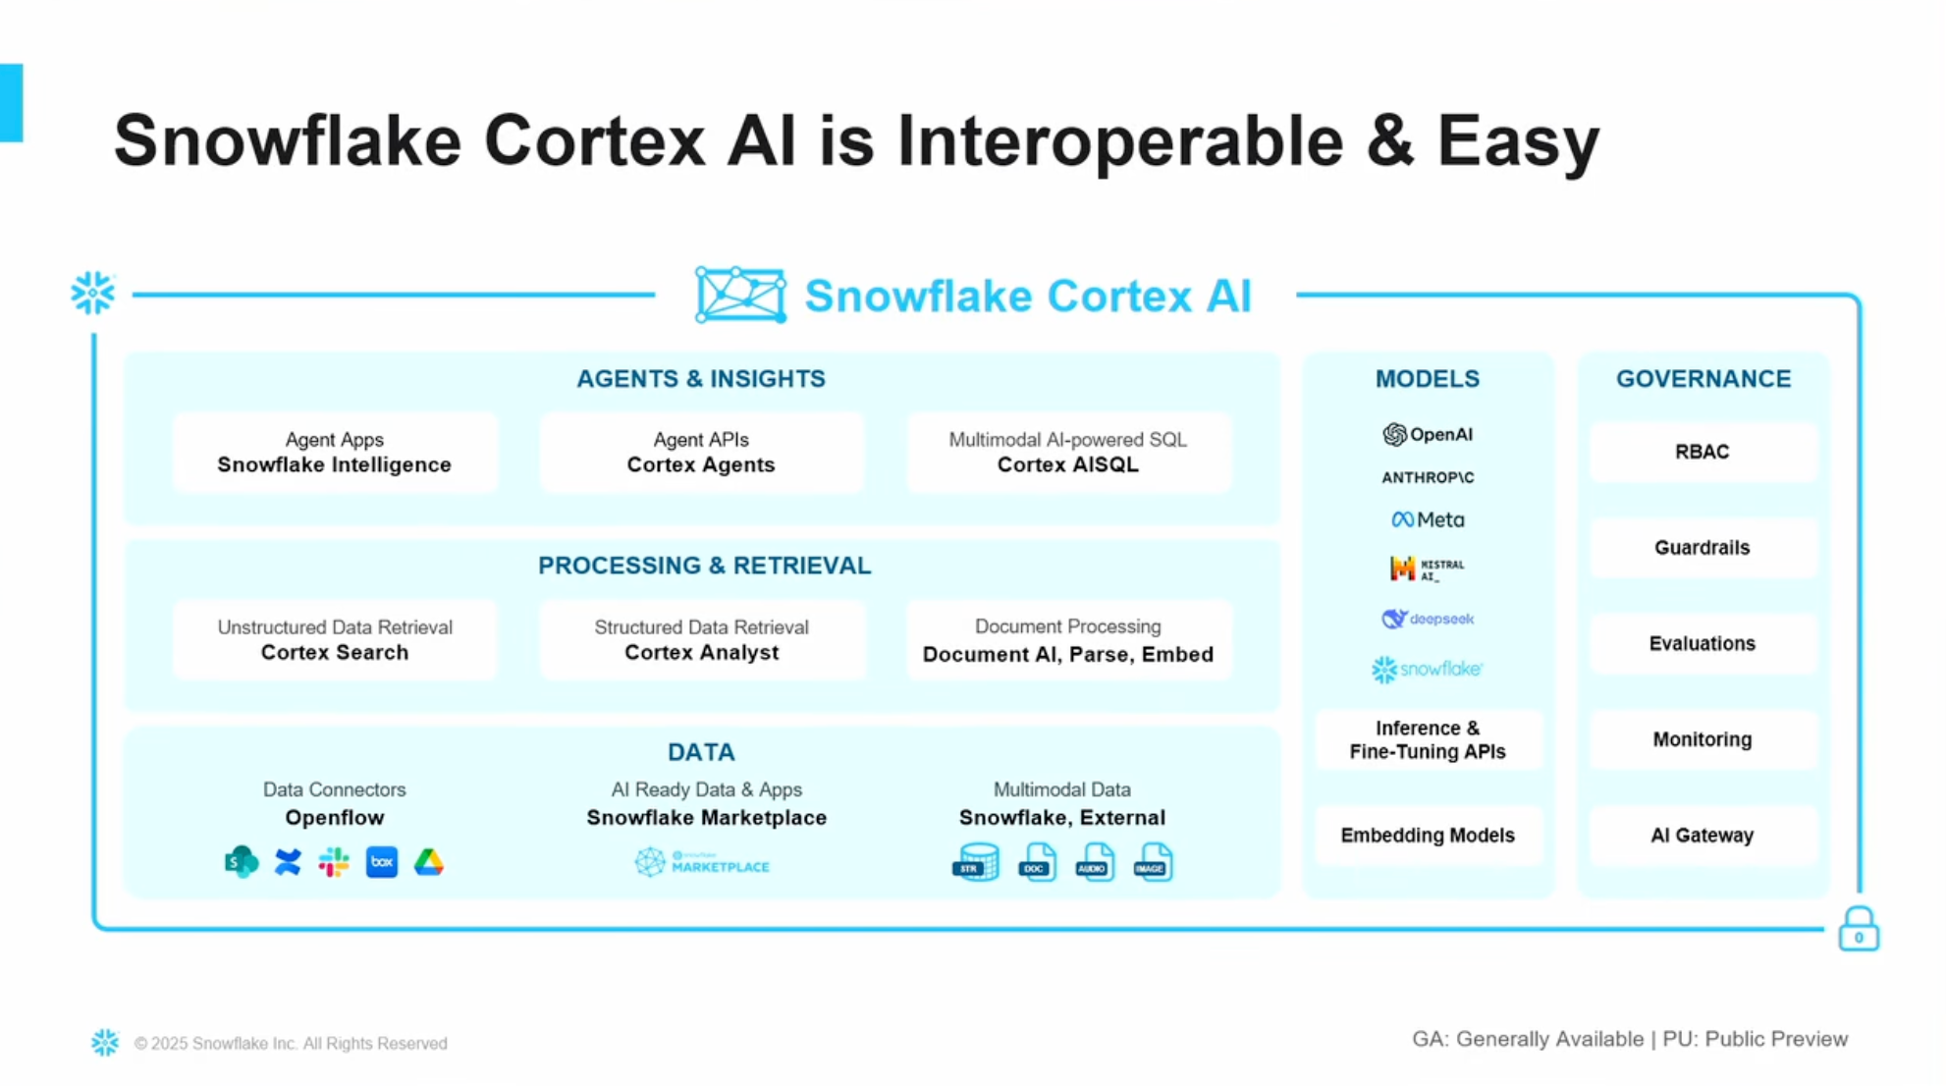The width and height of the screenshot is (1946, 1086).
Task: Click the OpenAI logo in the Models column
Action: [1427, 434]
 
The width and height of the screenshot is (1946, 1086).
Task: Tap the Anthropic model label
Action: [1427, 477]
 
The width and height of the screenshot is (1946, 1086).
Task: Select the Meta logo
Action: [1427, 519]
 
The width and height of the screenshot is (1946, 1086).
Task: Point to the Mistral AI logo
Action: [1427, 569]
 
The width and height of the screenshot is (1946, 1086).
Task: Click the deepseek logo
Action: [1427, 619]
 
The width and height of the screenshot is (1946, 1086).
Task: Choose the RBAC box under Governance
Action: [1702, 452]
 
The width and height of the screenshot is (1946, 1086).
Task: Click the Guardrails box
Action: [1702, 548]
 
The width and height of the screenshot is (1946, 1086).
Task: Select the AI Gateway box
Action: [1702, 836]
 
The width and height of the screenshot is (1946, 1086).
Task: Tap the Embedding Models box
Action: [1427, 836]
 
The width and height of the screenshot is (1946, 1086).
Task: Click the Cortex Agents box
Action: [701, 453]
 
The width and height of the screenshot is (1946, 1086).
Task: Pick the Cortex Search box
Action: [335, 640]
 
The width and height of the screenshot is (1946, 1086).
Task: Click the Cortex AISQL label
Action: [1067, 464]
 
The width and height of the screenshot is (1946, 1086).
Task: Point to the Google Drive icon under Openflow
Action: [428, 862]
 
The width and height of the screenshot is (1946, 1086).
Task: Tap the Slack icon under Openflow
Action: [334, 862]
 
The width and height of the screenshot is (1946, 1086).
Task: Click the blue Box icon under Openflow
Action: [382, 862]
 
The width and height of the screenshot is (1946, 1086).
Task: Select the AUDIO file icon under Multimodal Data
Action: [1094, 862]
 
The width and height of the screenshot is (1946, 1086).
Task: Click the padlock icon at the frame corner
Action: [1858, 929]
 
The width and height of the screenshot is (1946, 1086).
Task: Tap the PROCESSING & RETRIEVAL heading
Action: [704, 566]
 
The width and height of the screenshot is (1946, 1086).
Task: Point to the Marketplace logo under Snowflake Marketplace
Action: [701, 863]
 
